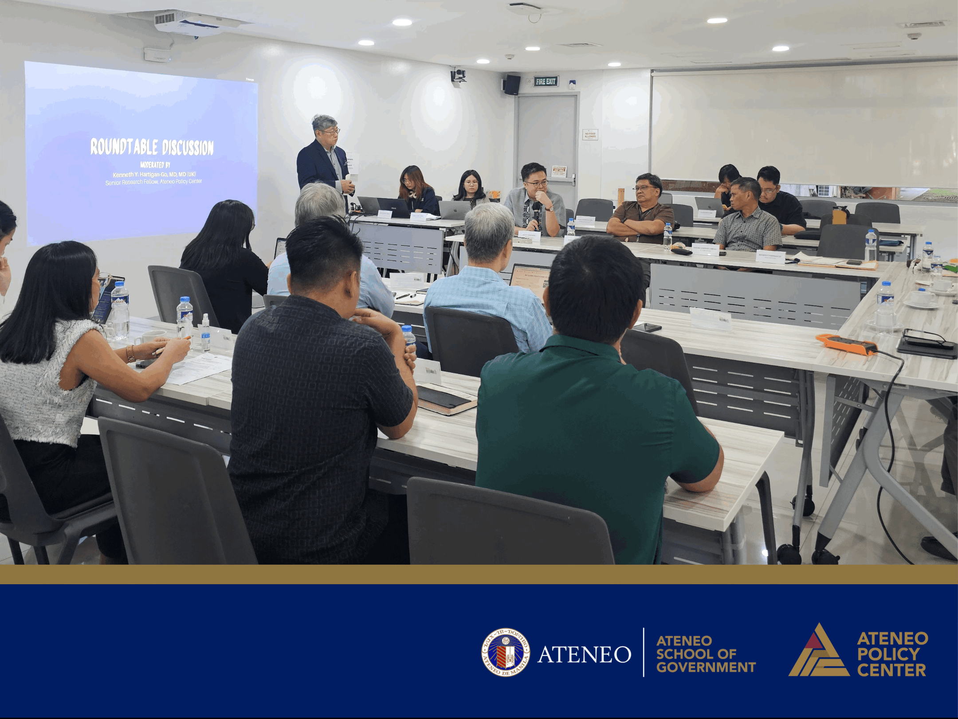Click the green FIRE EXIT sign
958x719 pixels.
pos(546,81)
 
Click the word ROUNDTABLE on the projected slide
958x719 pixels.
pos(124,146)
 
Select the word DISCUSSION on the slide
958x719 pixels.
pos(188,148)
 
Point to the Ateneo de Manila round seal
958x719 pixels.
pos(506,652)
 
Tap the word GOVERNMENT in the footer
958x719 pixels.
pos(706,667)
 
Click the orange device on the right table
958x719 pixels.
pos(846,344)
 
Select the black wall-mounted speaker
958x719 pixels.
pos(512,84)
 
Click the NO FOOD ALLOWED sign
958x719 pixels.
pos(590,135)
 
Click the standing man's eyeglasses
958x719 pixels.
pos(331,131)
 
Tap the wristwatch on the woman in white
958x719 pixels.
pos(130,353)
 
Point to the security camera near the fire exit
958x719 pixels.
pos(458,76)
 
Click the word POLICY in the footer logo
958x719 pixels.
pos(888,653)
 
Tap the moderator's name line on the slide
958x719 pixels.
pos(154,174)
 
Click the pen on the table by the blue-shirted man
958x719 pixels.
pos(404,296)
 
